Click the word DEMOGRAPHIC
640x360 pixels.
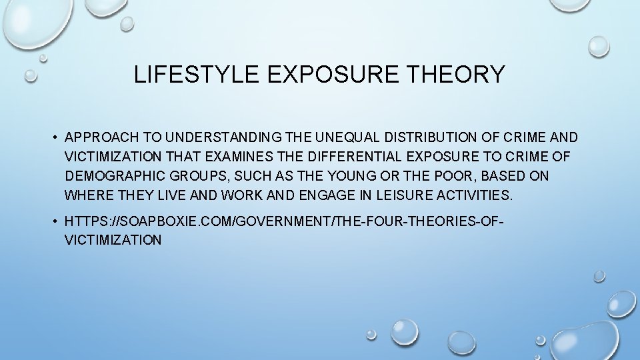[113, 177]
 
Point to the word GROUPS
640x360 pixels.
[195, 177]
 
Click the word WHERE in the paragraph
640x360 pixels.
[87, 196]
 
